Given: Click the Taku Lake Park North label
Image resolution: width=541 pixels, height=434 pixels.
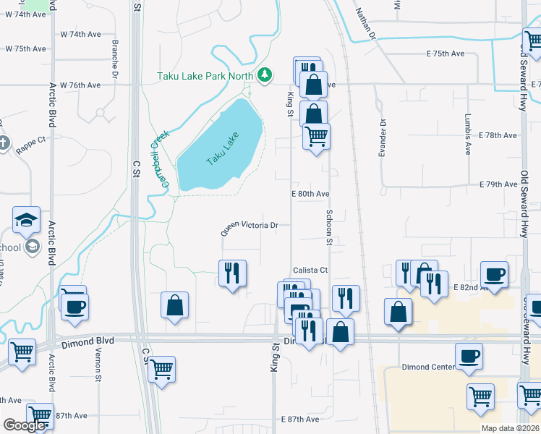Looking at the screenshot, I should (205, 75).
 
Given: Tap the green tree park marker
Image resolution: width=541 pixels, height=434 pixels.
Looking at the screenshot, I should (265, 75).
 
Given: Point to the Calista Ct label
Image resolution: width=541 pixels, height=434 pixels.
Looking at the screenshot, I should (310, 270).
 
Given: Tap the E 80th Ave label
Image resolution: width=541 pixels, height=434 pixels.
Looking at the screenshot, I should (310, 194).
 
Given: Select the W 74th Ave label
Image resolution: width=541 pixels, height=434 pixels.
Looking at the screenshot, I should (80, 34).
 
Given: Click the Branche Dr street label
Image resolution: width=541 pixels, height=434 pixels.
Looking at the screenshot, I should (115, 58).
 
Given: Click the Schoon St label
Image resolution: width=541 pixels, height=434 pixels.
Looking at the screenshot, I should (328, 227).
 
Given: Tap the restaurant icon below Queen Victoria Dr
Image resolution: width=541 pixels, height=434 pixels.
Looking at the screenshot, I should (232, 273).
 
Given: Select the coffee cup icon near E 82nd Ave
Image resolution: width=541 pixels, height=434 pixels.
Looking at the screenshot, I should (494, 274).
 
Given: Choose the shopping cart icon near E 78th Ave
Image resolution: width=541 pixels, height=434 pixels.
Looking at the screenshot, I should (316, 135).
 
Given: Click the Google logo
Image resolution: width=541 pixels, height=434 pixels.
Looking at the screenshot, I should (24, 425).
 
